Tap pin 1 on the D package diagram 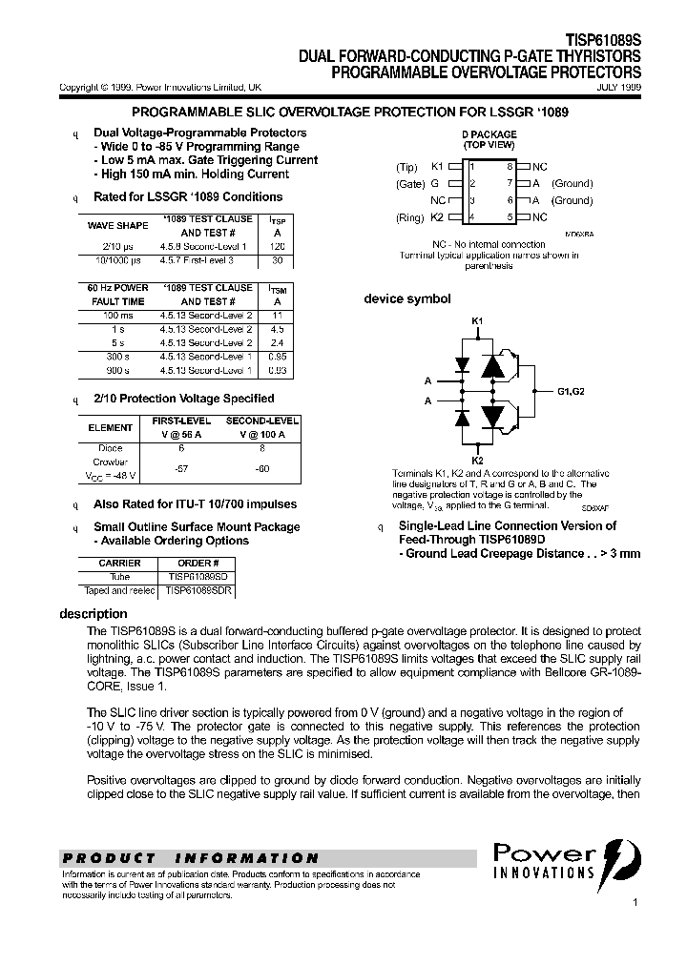[470, 166]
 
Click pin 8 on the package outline [510, 166]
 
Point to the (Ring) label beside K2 [408, 218]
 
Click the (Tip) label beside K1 [407, 167]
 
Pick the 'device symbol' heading [406, 299]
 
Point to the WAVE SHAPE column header [118, 226]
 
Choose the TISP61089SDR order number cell [198, 591]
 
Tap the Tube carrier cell [119, 577]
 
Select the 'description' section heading [94, 614]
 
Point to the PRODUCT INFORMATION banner [191, 858]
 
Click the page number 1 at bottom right [635, 902]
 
